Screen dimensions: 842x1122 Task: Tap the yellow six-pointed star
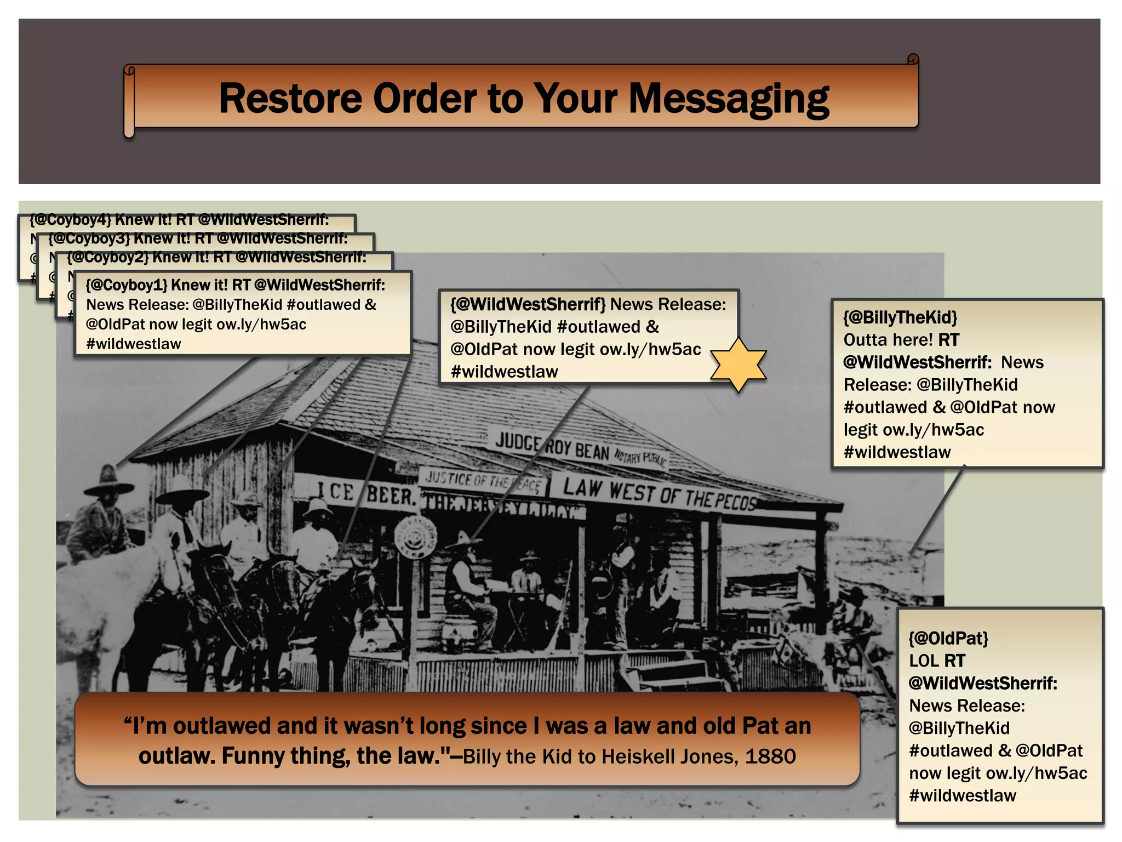pyautogui.click(x=739, y=365)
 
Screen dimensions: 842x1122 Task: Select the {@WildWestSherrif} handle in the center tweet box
pyautogui.click(x=528, y=304)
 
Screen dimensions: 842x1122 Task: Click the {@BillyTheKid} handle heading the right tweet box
pyautogui.click(x=900, y=317)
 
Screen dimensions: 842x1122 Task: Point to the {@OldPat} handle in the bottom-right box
pyautogui.click(x=948, y=638)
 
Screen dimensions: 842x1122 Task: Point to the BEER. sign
pyautogui.click(x=390, y=496)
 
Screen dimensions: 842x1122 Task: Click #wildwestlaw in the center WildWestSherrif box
pyautogui.click(x=504, y=372)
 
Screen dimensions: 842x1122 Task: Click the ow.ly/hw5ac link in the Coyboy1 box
pyautogui.click(x=261, y=325)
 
